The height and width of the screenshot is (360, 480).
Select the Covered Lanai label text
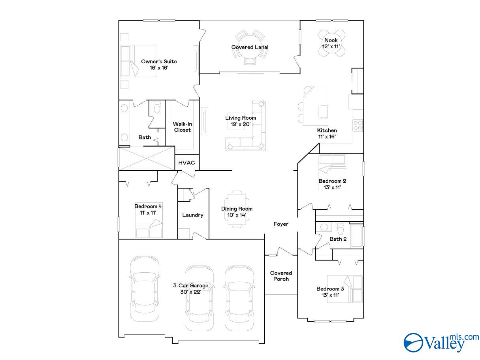(250, 47)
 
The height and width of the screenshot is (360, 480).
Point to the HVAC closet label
(186, 162)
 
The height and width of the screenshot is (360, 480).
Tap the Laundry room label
(193, 215)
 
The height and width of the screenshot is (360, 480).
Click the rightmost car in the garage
(239, 297)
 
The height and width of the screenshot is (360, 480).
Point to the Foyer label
(281, 224)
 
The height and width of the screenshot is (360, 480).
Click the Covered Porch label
(281, 276)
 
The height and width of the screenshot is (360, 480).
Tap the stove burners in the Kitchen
(358, 125)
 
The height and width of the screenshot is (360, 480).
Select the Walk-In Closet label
(182, 127)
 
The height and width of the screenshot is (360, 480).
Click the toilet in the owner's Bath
(157, 107)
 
